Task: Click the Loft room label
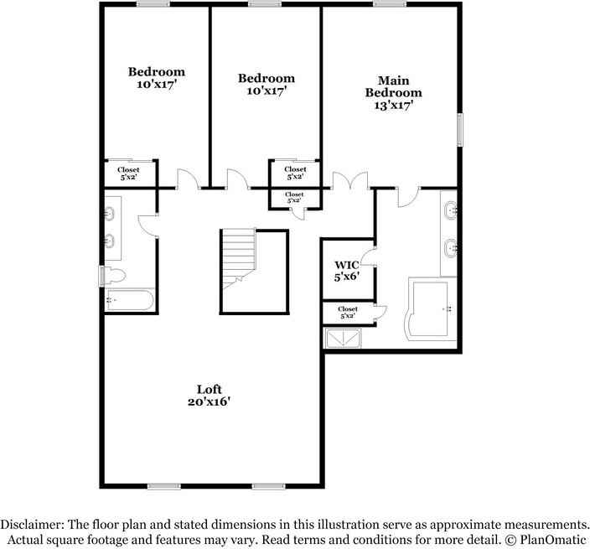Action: pos(209,389)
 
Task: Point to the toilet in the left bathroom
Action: pos(116,276)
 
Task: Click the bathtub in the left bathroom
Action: pos(128,300)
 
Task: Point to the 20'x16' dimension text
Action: pos(209,401)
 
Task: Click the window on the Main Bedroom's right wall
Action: pos(458,131)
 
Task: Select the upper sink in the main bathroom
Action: pos(450,209)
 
